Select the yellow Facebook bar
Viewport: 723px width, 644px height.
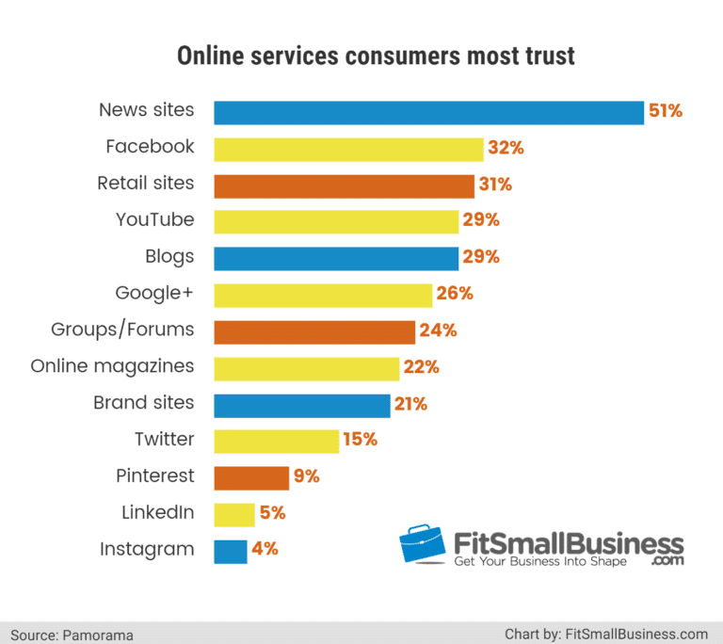click(x=348, y=149)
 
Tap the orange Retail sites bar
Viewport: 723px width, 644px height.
click(x=344, y=185)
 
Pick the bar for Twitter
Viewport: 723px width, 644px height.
click(x=276, y=441)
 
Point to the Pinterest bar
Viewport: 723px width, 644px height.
click(x=251, y=477)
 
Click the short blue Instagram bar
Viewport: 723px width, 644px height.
click(x=231, y=551)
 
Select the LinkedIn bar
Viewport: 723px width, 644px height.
click(x=234, y=514)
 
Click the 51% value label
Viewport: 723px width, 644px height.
click(x=665, y=111)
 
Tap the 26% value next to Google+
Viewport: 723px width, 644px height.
click(x=455, y=294)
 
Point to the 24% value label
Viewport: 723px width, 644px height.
click(x=438, y=330)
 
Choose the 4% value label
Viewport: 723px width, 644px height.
click(x=265, y=550)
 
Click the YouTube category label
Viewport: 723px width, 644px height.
click(x=155, y=220)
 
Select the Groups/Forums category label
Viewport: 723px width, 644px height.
click(x=122, y=330)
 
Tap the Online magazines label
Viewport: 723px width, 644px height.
click(x=113, y=366)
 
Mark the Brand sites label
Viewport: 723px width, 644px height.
click(x=144, y=403)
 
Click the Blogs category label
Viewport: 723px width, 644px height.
click(x=170, y=257)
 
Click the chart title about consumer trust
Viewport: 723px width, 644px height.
click(x=377, y=56)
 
